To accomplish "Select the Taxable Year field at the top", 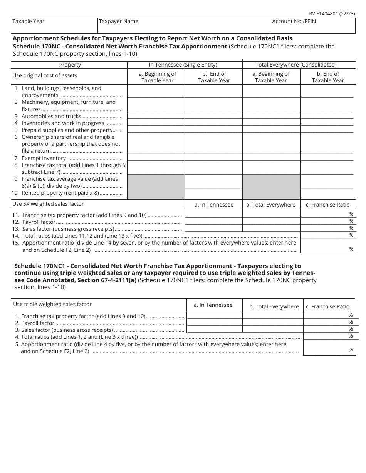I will click(54, 26).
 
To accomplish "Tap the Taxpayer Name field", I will click(184, 26).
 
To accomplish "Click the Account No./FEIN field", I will click(312, 26).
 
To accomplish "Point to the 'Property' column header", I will click(70, 65).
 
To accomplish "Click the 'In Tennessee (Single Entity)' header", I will click(183, 65).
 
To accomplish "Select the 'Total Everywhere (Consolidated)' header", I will click(296, 65).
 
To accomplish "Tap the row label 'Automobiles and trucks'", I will click(51, 116).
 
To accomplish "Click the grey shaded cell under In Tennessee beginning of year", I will click(156, 187).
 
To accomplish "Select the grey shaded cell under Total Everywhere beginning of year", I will click(271, 187).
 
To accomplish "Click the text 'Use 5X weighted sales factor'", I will click(48, 204).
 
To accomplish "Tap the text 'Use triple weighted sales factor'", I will click(52, 304).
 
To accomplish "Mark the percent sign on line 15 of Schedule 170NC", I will click(351, 249).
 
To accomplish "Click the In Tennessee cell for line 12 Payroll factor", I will click(213, 221).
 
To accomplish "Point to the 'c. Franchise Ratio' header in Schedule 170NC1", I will click(327, 306).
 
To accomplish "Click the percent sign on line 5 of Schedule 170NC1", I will click(351, 350).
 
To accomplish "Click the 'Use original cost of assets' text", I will click(45, 75).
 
